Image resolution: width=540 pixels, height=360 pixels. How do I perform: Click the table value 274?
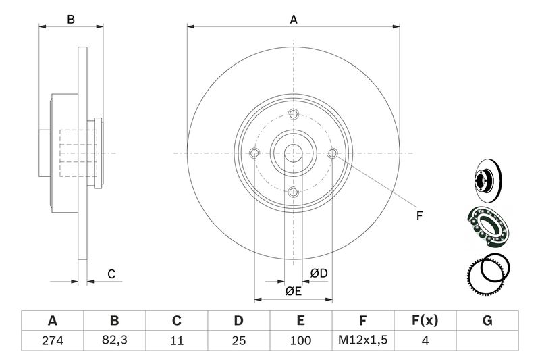52,341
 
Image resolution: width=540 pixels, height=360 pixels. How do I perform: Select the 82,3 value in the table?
114,341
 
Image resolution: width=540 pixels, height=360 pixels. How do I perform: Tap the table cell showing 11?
177,341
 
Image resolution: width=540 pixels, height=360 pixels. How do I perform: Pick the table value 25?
238,341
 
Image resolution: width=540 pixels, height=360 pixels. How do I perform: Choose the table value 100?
300,341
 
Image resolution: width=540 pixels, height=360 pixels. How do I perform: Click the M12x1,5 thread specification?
362,341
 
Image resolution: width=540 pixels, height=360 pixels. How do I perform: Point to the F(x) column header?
425,320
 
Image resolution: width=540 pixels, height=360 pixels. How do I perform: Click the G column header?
487,320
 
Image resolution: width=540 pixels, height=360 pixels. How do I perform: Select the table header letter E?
300,320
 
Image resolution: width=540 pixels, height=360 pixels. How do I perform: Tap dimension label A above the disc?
294,20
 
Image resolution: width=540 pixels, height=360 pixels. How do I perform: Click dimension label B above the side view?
70,20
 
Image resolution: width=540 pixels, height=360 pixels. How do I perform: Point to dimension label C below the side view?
112,274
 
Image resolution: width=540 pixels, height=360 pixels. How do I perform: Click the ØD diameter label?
319,273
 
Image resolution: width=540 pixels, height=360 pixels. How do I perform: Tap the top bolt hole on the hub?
293,113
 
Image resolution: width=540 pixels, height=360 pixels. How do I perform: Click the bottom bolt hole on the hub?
293,193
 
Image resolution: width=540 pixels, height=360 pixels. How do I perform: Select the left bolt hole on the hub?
254,153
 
